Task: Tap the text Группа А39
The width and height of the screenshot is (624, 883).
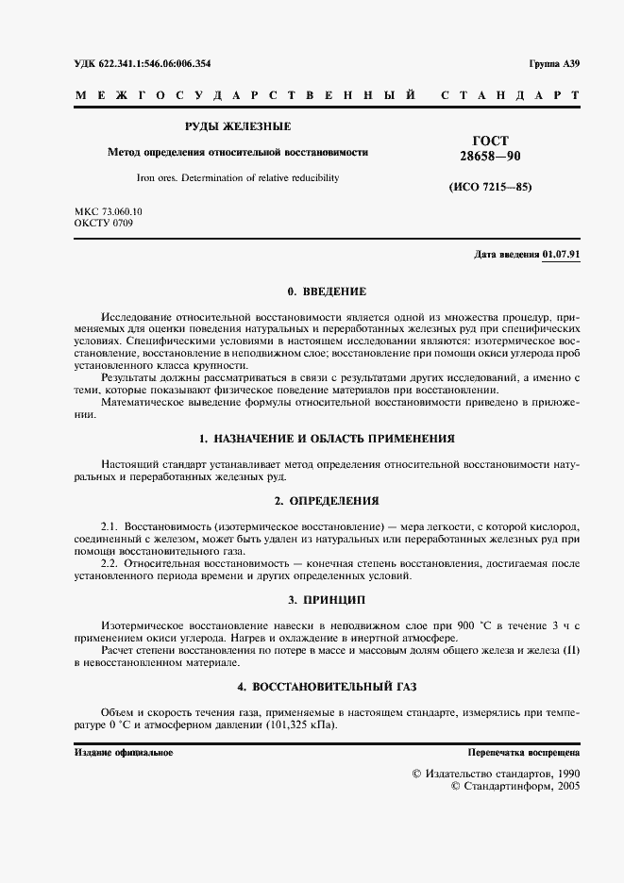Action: pyautogui.click(x=555, y=64)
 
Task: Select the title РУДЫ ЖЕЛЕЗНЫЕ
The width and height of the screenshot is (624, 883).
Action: pyautogui.click(x=237, y=126)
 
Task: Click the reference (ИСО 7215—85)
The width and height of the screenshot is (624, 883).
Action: pyautogui.click(x=490, y=187)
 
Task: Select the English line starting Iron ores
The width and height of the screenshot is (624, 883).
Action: pyautogui.click(x=237, y=177)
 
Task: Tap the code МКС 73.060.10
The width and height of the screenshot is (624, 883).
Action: pyautogui.click(x=109, y=211)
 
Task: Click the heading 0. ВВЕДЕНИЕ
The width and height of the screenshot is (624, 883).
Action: pyautogui.click(x=327, y=292)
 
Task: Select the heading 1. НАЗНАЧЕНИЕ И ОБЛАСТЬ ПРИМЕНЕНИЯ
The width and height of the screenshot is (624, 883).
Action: pyautogui.click(x=327, y=439)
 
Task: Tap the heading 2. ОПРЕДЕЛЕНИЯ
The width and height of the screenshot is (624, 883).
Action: pyautogui.click(x=327, y=500)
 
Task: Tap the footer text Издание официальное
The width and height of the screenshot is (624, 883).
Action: pyautogui.click(x=123, y=752)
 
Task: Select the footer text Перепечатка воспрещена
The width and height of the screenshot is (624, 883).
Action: pyautogui.click(x=524, y=752)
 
